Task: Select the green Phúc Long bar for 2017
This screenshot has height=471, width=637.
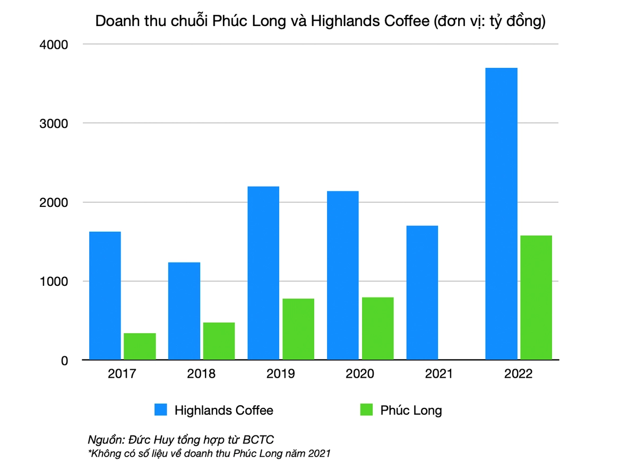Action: (x=140, y=346)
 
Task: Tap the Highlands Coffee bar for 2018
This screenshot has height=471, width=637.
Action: (x=184, y=311)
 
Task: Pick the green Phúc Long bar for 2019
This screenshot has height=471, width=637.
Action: (x=298, y=329)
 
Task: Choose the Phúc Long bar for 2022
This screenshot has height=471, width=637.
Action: (x=536, y=298)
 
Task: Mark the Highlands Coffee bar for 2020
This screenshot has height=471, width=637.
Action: (x=343, y=275)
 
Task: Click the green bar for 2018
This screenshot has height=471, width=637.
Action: (x=219, y=341)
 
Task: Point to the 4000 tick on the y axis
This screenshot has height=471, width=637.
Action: (x=54, y=45)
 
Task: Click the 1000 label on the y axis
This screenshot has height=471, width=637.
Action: (x=54, y=282)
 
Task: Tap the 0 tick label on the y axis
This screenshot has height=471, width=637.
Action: (x=64, y=361)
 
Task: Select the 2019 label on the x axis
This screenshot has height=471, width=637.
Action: (x=280, y=373)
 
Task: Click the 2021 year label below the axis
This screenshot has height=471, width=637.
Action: (x=439, y=373)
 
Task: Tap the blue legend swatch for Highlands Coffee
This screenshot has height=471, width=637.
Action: (x=161, y=410)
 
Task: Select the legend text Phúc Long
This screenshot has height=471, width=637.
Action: (x=411, y=410)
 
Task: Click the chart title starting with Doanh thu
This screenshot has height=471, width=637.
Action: (x=320, y=21)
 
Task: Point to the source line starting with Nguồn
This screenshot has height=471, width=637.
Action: (x=180, y=440)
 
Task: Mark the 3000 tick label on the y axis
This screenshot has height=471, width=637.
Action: (x=54, y=124)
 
